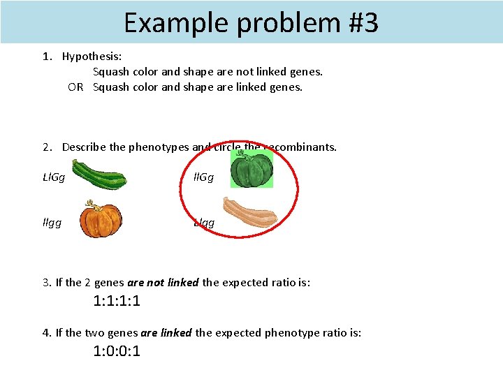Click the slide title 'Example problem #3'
click(x=251, y=22)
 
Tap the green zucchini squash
click(x=99, y=175)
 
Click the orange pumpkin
click(x=100, y=220)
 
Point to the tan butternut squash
click(x=250, y=213)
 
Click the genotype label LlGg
click(x=54, y=178)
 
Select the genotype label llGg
click(x=204, y=178)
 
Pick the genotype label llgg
click(x=52, y=223)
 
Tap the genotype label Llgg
click(x=204, y=223)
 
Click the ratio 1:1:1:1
click(x=117, y=302)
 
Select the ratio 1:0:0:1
click(x=117, y=351)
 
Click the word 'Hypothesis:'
click(x=92, y=57)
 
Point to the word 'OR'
click(x=75, y=87)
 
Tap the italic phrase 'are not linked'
click(x=163, y=283)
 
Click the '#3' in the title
click(x=362, y=22)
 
